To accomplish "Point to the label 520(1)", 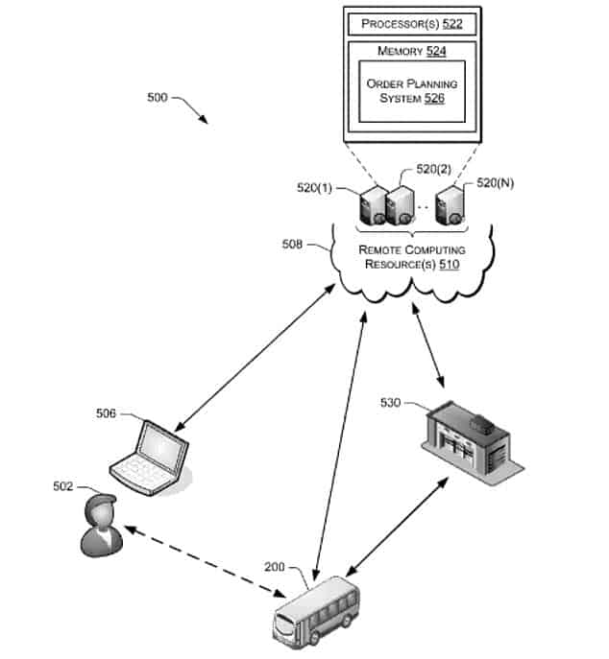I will pos(314,188).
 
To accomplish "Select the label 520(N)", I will pos(496,182).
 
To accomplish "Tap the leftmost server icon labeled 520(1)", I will pos(371,206).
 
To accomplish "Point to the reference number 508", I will pos(292,245).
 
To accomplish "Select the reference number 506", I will pos(105,413).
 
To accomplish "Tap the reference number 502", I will pos(62,486).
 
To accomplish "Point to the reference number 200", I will pos(275,567).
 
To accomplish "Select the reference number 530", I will pos(391,401).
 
